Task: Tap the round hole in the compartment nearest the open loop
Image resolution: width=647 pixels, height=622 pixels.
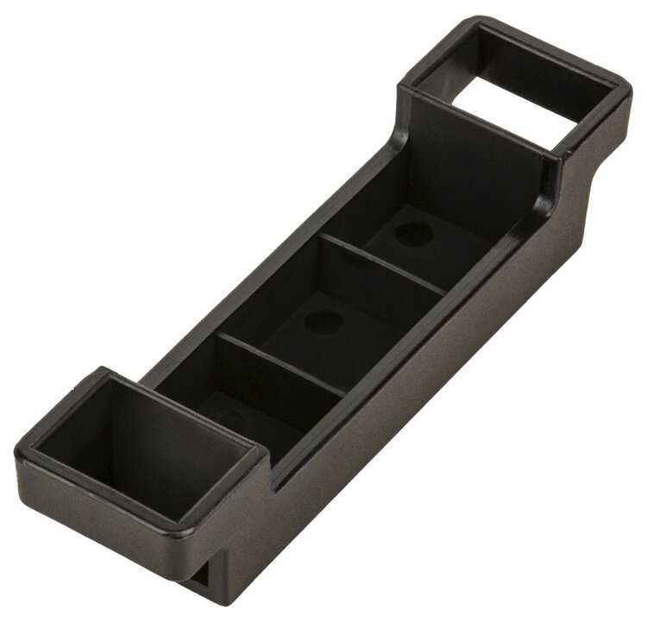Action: coord(412,232)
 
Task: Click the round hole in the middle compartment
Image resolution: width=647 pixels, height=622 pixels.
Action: coord(321,322)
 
